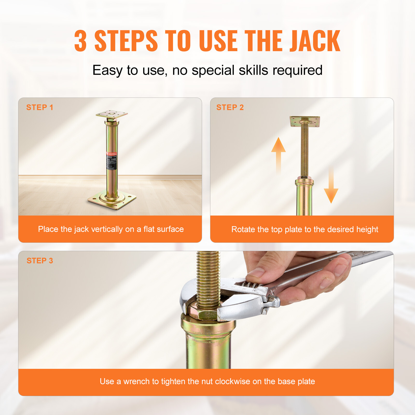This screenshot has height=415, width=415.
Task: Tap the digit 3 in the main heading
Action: (x=80, y=41)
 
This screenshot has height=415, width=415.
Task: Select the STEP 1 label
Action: (x=40, y=107)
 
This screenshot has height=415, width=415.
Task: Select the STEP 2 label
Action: (x=230, y=107)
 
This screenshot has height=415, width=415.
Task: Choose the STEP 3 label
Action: (x=40, y=261)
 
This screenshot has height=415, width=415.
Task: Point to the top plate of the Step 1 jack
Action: (x=112, y=114)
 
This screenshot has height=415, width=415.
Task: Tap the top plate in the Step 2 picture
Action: (x=305, y=121)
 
